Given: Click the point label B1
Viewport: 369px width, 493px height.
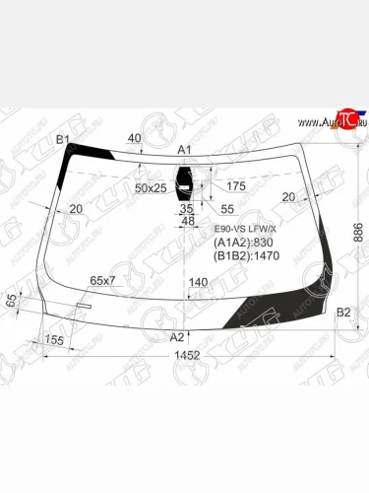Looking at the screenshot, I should (x=62, y=140).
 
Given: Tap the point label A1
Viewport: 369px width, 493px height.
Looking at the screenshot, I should (x=184, y=149).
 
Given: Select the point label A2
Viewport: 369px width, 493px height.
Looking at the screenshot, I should (x=177, y=336).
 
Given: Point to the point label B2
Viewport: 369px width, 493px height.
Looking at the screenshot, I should (x=343, y=313).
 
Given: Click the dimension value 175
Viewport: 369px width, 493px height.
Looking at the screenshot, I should (x=236, y=185).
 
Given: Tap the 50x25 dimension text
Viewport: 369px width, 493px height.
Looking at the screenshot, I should (x=152, y=187).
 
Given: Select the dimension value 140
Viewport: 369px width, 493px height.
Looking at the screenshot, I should (x=199, y=283).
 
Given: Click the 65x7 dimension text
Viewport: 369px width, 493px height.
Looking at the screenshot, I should (x=103, y=281).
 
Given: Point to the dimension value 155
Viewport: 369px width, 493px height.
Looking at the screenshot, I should (x=54, y=340).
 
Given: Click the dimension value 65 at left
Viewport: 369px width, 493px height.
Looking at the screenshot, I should (x=12, y=302).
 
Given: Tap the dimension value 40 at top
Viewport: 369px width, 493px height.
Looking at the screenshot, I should (x=134, y=138).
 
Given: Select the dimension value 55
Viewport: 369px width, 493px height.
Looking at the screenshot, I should (x=227, y=210).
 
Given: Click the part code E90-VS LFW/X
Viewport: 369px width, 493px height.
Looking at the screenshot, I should (x=246, y=229).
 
